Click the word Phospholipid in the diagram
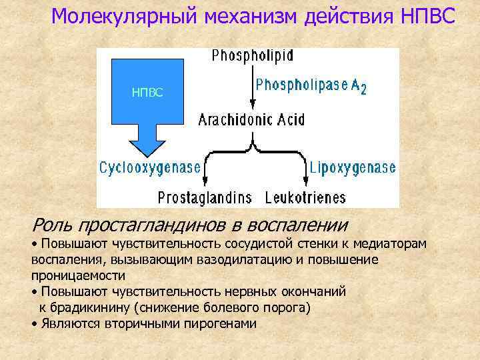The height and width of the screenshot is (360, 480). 253,55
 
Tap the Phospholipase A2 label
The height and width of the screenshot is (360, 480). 311,85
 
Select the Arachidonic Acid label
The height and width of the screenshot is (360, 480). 251,120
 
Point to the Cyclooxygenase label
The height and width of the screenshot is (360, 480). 150,167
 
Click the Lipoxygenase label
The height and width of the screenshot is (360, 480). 353,167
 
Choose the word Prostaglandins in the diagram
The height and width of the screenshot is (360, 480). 205,197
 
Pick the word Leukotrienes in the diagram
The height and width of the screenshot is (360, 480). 305,197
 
